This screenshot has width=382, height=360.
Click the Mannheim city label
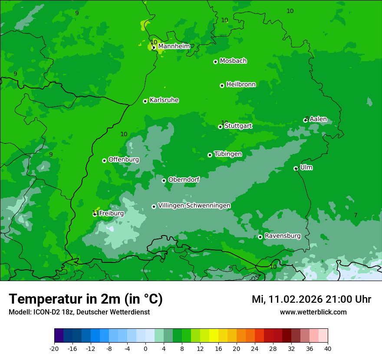pyautogui.click(x=174, y=46)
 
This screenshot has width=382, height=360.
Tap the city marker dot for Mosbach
pyautogui.click(x=215, y=62)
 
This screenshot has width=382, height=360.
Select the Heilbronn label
pyautogui.click(x=241, y=84)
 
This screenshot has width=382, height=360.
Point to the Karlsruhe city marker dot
pyautogui.click(x=145, y=101)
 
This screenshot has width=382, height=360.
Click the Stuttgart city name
pyautogui.click(x=238, y=126)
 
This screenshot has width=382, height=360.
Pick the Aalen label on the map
pyautogui.click(x=318, y=119)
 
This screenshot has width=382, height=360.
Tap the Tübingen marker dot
pyautogui.click(x=210, y=155)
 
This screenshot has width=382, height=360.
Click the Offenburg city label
pyautogui.click(x=124, y=160)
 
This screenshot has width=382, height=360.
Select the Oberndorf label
pyautogui.click(x=184, y=180)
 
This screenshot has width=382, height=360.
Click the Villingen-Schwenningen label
pyautogui.click(x=194, y=206)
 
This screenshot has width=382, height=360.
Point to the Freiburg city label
pyautogui.click(x=111, y=213)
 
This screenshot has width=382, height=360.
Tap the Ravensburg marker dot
pyautogui.click(x=260, y=237)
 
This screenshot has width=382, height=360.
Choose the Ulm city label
pyautogui.click(x=306, y=167)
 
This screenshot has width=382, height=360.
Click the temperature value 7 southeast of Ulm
pyautogui.click(x=356, y=215)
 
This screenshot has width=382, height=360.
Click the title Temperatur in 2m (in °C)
pyautogui.click(x=86, y=299)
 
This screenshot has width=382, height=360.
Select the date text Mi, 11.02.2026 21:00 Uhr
pyautogui.click(x=311, y=299)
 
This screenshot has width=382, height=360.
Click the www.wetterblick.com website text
pyautogui.click(x=313, y=312)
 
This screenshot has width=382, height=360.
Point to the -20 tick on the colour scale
pyautogui.click(x=54, y=348)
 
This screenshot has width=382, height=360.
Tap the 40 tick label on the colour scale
pyautogui.click(x=328, y=348)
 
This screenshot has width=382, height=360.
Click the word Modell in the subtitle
pyautogui.click(x=19, y=312)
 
